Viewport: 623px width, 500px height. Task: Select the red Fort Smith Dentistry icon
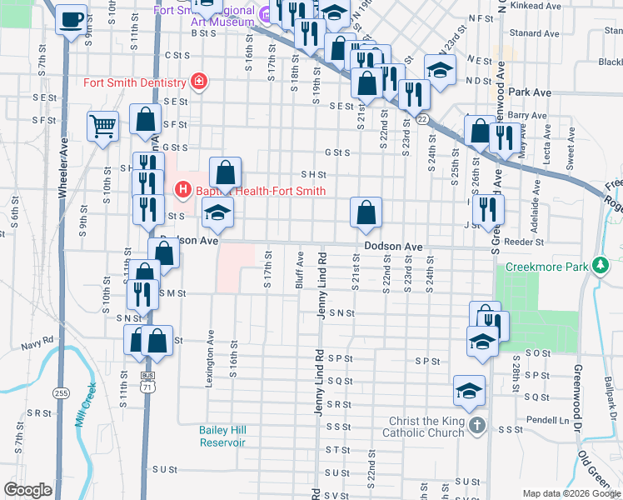198,82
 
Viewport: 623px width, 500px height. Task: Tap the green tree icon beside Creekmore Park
600,267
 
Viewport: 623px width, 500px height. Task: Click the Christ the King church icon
476,427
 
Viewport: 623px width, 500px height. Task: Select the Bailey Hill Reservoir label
222,436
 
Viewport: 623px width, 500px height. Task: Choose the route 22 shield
422,120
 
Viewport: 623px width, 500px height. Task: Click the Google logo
27,490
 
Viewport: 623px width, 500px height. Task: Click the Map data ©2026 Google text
571,493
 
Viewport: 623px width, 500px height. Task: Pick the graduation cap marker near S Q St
470,391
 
